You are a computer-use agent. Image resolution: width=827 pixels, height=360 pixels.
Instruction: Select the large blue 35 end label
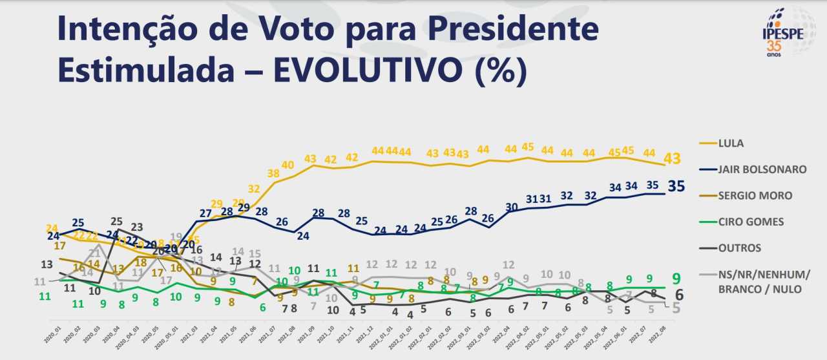click(676, 187)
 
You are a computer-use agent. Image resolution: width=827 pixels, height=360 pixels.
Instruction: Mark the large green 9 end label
click(676, 279)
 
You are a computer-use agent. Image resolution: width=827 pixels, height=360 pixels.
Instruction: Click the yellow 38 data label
click(273, 173)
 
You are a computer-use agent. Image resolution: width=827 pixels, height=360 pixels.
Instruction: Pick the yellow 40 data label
click(288, 165)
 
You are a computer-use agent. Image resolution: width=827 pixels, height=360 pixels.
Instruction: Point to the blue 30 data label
click(512, 207)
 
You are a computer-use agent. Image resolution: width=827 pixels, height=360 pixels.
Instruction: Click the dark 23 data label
click(137, 227)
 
